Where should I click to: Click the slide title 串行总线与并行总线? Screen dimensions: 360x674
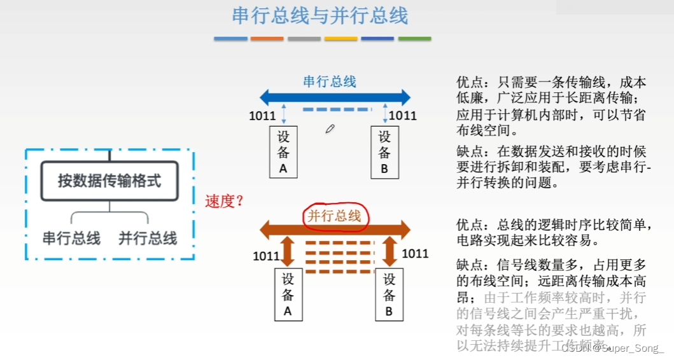(x=320, y=16)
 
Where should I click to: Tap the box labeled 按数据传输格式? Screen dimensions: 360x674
(x=109, y=181)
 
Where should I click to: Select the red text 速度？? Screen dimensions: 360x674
(x=225, y=202)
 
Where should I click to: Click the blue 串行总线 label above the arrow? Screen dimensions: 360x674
(x=329, y=81)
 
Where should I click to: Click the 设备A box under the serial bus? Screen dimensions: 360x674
(x=284, y=151)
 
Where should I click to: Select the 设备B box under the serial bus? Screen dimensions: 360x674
(x=384, y=151)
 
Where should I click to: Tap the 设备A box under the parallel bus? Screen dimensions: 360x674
(x=288, y=294)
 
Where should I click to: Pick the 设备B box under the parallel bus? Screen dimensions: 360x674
(x=389, y=294)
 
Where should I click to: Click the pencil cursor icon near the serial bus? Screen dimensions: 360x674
(x=330, y=129)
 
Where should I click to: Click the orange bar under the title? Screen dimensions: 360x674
(x=267, y=39)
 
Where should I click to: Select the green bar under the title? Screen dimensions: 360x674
(x=414, y=39)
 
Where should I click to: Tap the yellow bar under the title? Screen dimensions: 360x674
(x=341, y=39)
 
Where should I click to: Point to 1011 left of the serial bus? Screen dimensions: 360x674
(x=262, y=116)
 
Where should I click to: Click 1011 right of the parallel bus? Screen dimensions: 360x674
(x=415, y=254)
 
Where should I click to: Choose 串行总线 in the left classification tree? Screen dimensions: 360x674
(x=71, y=239)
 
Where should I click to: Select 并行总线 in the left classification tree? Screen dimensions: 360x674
(x=148, y=239)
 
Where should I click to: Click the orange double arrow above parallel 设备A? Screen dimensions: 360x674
(x=288, y=252)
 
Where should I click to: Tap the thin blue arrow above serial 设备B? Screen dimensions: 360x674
(x=385, y=113)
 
